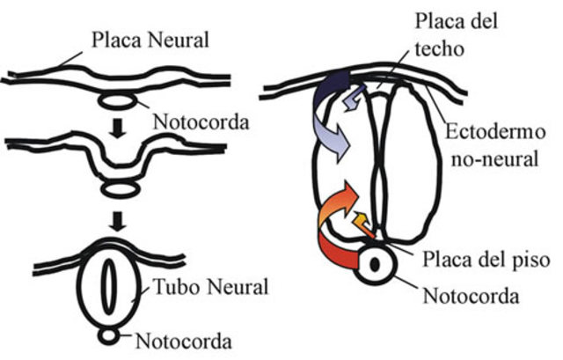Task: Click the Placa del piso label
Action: point(473,261)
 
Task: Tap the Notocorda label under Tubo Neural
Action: point(187,340)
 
